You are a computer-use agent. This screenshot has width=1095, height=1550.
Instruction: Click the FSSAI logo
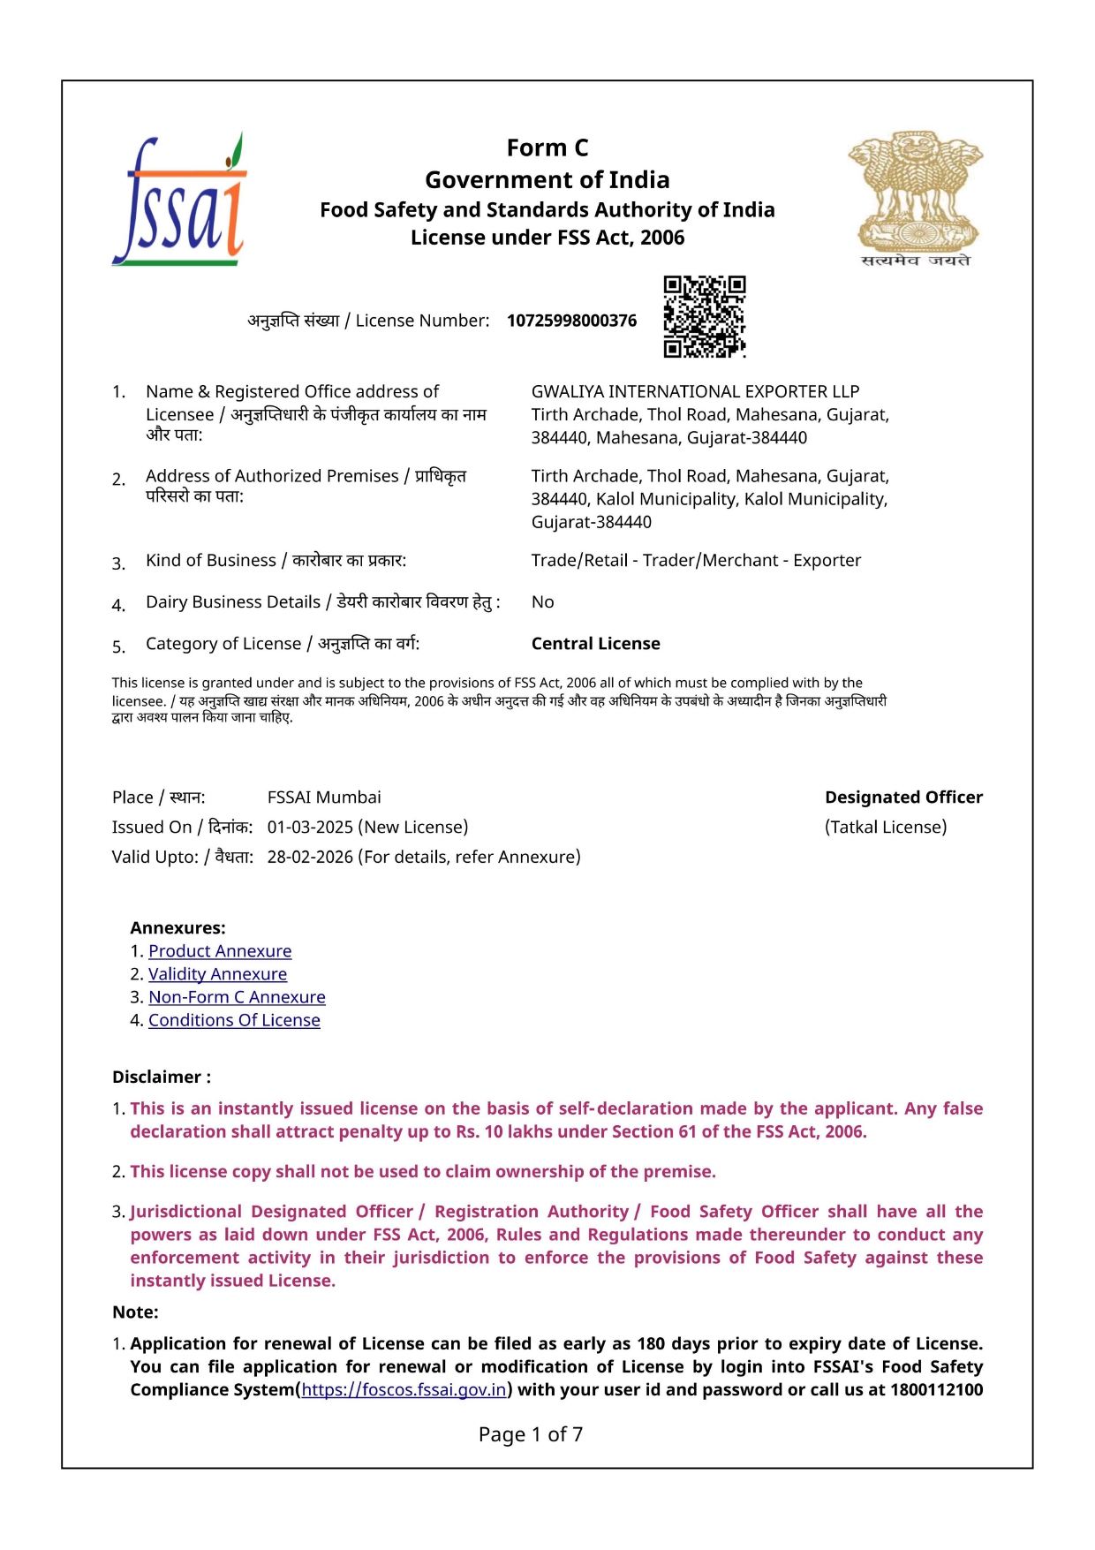click(179, 201)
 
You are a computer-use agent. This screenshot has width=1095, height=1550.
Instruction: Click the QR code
click(704, 316)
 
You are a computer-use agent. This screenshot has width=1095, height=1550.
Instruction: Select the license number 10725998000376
click(571, 321)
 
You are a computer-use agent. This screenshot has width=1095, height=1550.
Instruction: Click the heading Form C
click(547, 147)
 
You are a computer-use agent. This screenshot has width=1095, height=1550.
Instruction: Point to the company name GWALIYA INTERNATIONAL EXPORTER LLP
click(695, 391)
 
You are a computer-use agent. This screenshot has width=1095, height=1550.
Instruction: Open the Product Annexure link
click(220, 951)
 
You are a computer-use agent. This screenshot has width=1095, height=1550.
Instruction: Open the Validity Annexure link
click(217, 974)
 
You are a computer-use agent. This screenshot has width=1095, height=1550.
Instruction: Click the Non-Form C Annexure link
click(237, 997)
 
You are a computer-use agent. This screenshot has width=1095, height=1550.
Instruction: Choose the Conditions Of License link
click(234, 1020)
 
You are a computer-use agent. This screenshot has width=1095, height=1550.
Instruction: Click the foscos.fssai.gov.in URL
click(404, 1389)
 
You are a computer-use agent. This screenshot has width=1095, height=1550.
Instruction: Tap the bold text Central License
click(595, 644)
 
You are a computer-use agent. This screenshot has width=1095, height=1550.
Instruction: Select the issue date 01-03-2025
click(309, 828)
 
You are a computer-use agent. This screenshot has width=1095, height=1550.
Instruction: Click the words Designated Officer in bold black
click(903, 798)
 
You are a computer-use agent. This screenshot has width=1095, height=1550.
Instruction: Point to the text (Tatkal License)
click(886, 828)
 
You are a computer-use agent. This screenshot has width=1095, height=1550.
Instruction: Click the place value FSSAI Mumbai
click(324, 798)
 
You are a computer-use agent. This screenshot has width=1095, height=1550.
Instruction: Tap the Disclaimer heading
click(162, 1077)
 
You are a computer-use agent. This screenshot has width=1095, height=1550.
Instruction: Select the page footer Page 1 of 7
click(531, 1434)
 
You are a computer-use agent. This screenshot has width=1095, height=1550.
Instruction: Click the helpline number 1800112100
click(936, 1389)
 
